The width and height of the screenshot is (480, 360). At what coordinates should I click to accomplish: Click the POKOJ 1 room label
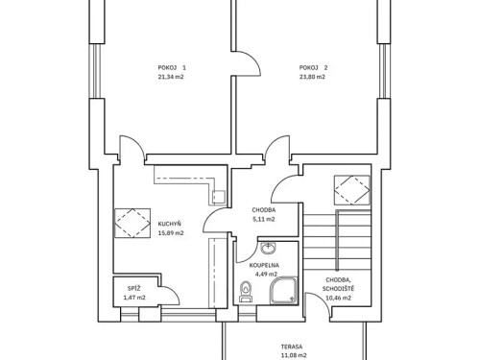click(172, 67)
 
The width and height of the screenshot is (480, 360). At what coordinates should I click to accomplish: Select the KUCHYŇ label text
click(171, 225)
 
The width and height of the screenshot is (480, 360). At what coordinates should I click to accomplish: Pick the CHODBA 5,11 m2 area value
click(264, 218)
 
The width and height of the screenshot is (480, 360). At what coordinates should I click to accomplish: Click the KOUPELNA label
click(264, 264)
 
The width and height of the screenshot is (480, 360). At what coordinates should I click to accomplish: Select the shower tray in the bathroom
click(283, 289)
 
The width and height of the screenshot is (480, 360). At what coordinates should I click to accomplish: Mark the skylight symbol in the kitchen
click(131, 223)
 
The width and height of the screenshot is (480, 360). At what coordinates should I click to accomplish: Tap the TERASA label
click(292, 347)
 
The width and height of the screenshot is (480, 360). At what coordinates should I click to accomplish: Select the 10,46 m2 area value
click(337, 299)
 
